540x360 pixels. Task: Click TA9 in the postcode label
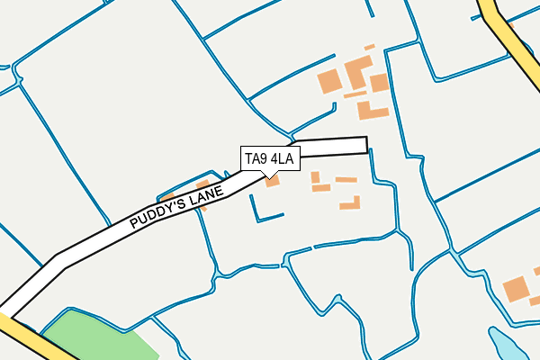[256, 160]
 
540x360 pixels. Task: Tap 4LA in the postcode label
[281, 160]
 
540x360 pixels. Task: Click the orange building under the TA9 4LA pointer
[272, 181]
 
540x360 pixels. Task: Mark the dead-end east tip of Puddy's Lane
[364, 145]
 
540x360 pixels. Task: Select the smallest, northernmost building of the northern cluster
[369, 47]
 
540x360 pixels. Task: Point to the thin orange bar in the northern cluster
[355, 94]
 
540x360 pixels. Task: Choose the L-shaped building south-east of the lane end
[352, 203]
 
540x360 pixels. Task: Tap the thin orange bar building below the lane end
[346, 180]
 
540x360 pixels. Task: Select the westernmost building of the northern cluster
[330, 81]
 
